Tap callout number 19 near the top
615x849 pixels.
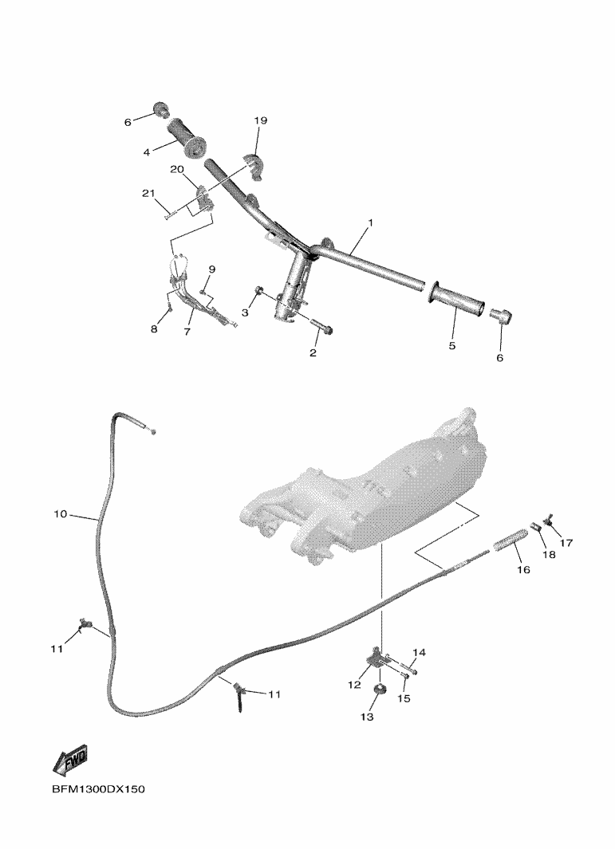pyautogui.click(x=261, y=120)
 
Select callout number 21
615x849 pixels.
pyautogui.click(x=148, y=194)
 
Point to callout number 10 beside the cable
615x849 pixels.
pyautogui.click(x=61, y=515)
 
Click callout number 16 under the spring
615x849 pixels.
pyautogui.click(x=523, y=570)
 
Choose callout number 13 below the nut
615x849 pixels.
pyautogui.click(x=366, y=717)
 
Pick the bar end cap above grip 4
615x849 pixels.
pyautogui.click(x=160, y=108)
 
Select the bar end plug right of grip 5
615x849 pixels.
pyautogui.click(x=499, y=315)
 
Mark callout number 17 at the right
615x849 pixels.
pyautogui.click(x=567, y=543)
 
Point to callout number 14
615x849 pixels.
pyautogui.click(x=420, y=653)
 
